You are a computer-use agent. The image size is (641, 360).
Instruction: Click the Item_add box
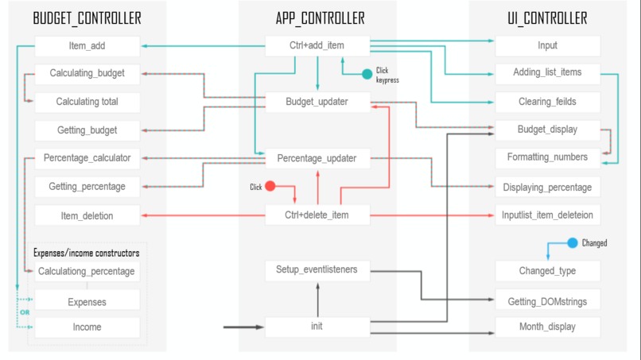point(87,45)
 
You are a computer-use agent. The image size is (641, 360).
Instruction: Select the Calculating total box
point(87,102)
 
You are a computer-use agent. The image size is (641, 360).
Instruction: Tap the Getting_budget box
point(87,130)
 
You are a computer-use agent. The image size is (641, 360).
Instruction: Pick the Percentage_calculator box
point(87,157)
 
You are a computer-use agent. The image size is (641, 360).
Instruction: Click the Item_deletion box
point(87,215)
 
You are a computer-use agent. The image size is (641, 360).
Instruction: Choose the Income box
point(87,327)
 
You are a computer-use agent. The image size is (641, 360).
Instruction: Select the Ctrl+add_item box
point(317,45)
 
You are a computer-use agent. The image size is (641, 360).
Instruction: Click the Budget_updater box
point(317,102)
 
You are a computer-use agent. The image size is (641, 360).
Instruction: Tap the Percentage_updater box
point(317,158)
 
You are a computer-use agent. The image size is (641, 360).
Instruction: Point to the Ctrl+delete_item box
point(317,215)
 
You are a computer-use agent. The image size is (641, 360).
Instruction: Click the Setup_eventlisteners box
point(317,269)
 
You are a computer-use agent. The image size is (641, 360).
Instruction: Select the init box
point(317,327)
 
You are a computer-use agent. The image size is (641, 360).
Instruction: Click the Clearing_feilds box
point(547,102)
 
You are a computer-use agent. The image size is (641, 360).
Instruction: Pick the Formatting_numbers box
point(547,157)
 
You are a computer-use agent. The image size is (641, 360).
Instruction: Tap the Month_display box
point(547,327)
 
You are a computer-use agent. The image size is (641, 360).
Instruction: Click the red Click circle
point(270,187)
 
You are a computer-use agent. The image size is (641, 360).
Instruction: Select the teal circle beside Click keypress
point(367,74)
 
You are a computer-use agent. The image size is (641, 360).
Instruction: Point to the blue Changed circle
point(572,242)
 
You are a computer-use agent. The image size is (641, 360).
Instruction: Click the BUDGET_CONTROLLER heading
point(87,17)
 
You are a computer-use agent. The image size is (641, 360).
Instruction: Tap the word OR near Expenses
point(24,312)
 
